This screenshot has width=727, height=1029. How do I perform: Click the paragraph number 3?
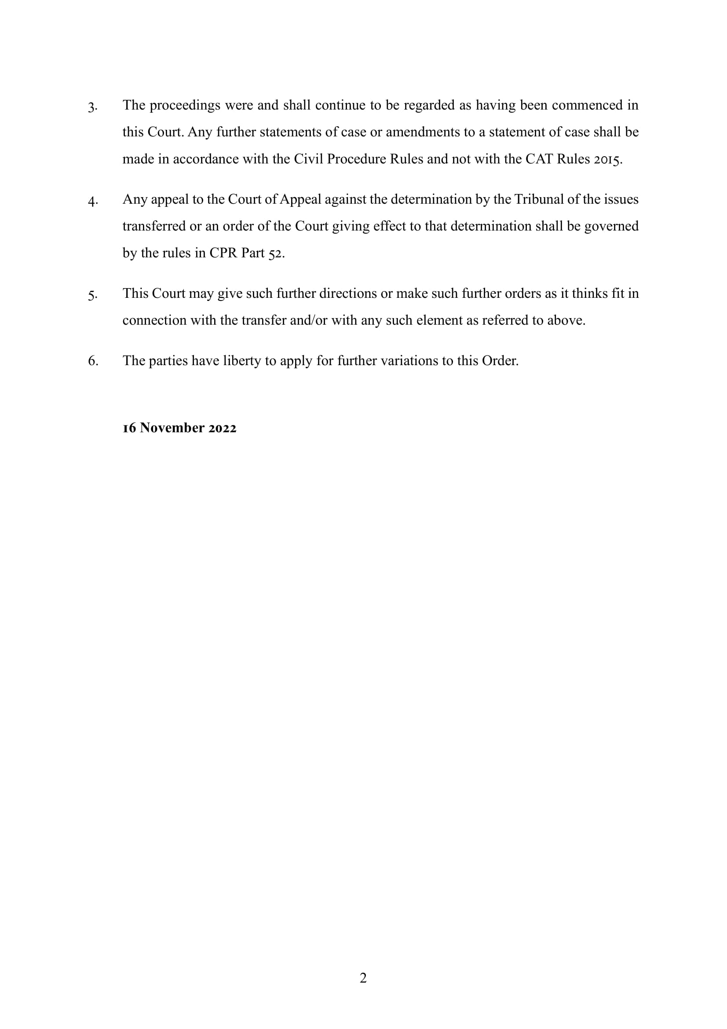click(x=92, y=107)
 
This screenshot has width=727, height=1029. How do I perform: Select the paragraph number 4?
click(x=92, y=201)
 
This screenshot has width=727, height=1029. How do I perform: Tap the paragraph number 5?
click(x=92, y=295)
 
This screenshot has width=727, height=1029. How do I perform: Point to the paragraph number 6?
click(x=93, y=361)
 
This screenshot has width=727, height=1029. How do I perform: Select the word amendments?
click(x=419, y=132)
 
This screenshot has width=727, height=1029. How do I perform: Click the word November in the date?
click(x=172, y=428)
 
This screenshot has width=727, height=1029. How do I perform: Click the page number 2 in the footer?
click(x=363, y=978)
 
